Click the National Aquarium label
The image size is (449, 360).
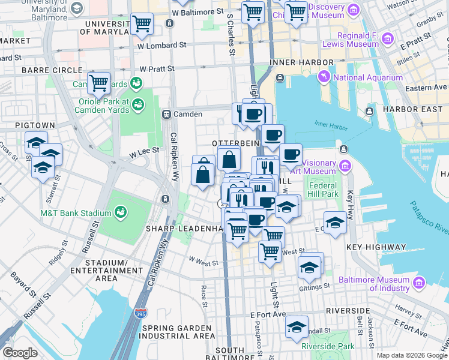click(x=368, y=77)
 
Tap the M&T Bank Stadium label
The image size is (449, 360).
click(x=76, y=213)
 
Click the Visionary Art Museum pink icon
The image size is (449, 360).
click(x=345, y=165)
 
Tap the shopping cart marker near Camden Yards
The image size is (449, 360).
click(x=98, y=82)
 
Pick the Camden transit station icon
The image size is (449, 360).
click(x=167, y=114)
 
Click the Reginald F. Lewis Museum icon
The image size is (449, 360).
click(x=388, y=40)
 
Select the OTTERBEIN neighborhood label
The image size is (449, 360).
click(x=235, y=143)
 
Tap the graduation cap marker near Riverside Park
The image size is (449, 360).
click(x=297, y=327)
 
